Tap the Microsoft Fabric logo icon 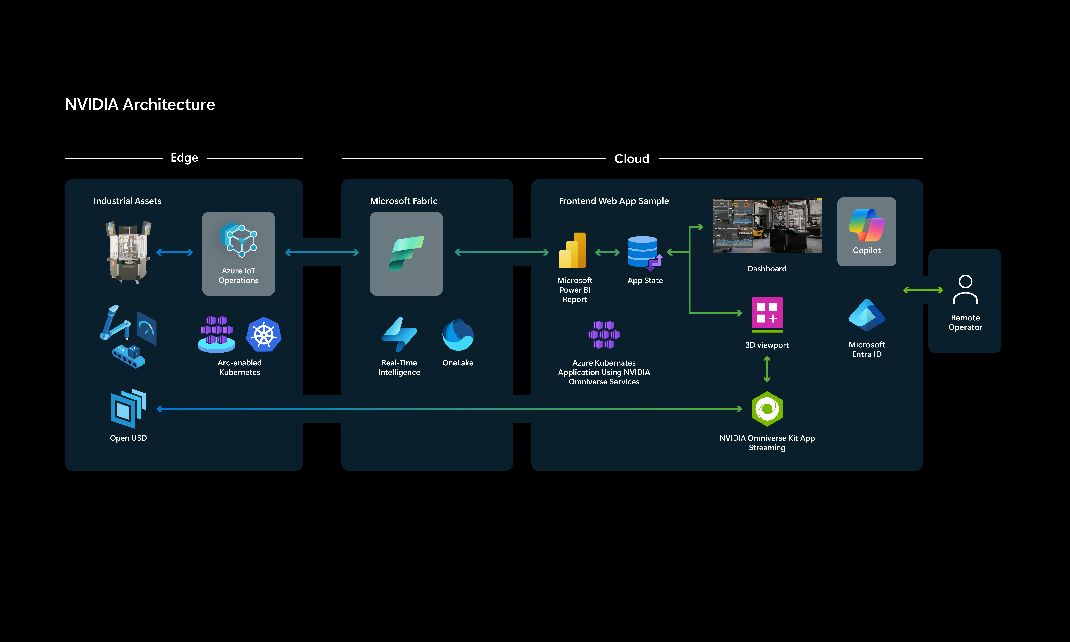[406, 254]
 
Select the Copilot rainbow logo [866, 225]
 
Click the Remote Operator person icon [965, 289]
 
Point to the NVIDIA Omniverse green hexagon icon [767, 409]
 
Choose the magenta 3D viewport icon [767, 315]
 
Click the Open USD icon [128, 408]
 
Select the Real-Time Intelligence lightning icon [399, 334]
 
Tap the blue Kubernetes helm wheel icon [264, 334]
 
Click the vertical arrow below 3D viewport [767, 369]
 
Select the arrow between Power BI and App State [607, 252]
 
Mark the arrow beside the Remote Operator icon [923, 290]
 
